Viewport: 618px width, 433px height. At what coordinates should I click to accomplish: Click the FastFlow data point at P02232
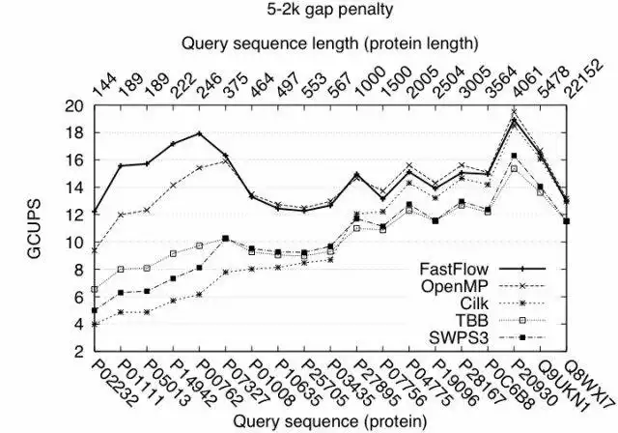point(95,211)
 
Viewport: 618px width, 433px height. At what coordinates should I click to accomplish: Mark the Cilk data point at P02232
point(95,324)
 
